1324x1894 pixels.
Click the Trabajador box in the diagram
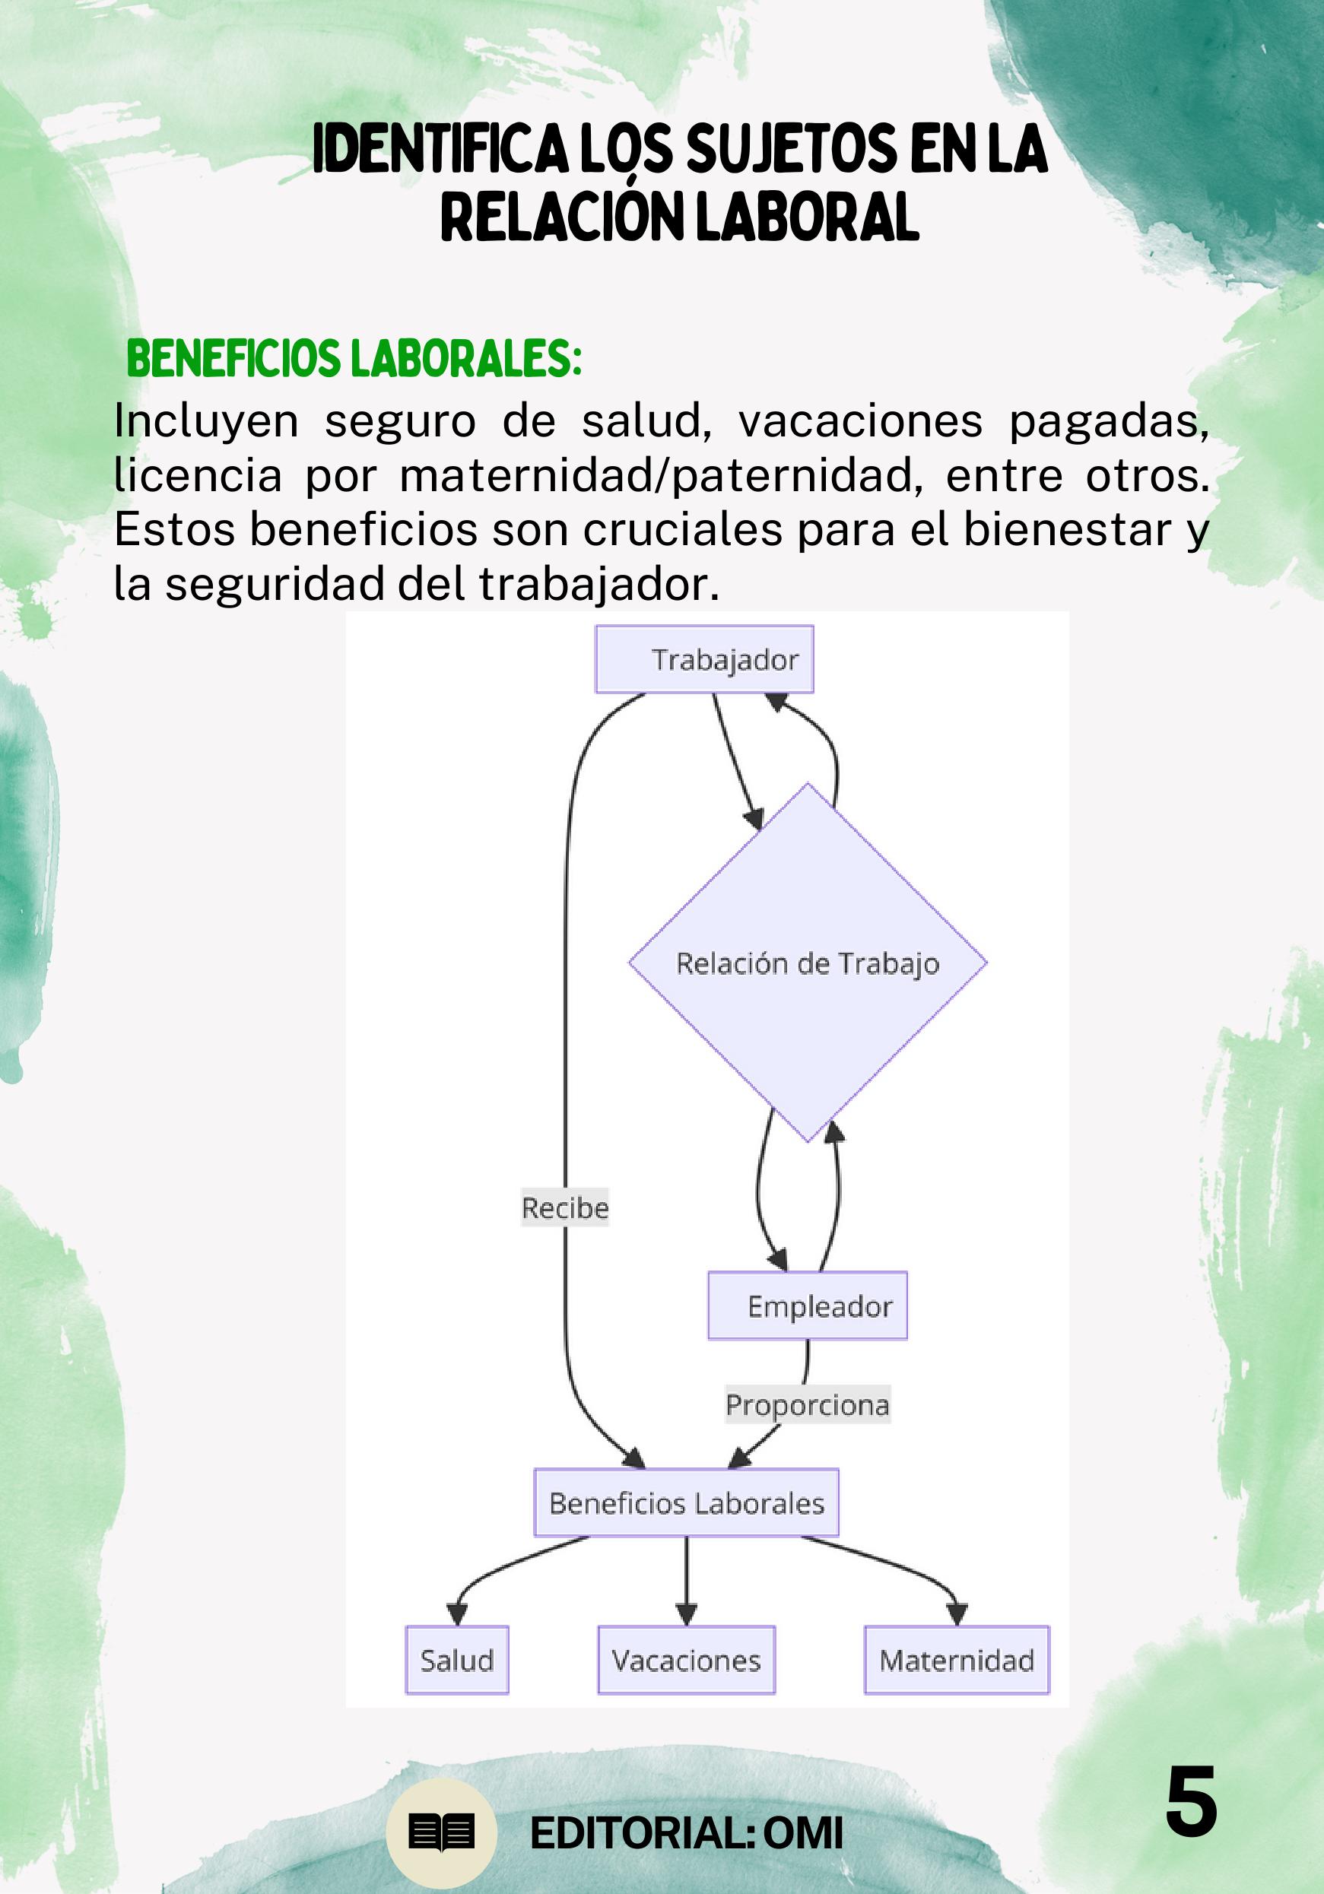coord(704,659)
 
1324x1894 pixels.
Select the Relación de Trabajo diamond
coord(808,963)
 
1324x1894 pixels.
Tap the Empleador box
coord(808,1305)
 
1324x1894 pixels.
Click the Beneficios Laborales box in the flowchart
coord(686,1503)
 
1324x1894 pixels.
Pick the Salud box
coord(457,1660)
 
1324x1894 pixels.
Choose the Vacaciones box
coord(686,1660)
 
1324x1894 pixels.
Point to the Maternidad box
coord(957,1660)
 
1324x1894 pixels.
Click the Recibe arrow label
coord(565,1207)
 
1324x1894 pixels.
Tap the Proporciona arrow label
coord(808,1405)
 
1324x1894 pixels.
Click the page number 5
coord(1190,1803)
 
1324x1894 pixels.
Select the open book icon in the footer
coord(441,1833)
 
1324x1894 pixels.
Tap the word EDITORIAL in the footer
coord(639,1834)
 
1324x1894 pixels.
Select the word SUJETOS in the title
coord(791,151)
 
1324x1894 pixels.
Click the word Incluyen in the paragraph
coord(206,421)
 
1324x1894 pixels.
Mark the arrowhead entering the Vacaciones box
coord(686,1612)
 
